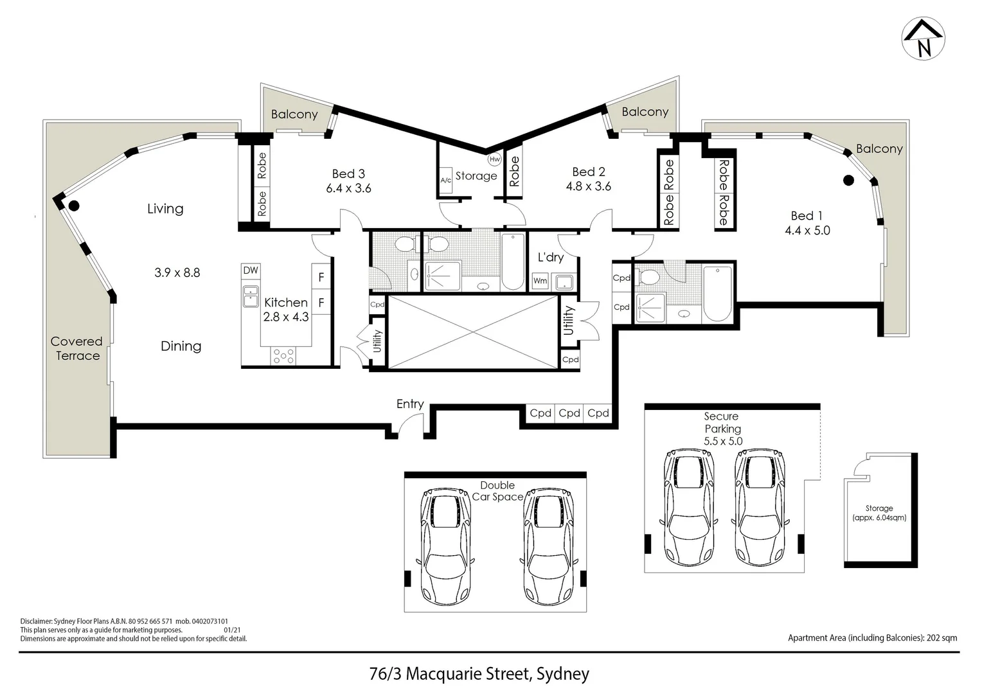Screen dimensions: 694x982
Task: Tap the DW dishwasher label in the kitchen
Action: click(x=250, y=271)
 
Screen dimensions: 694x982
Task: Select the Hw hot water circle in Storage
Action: click(x=494, y=159)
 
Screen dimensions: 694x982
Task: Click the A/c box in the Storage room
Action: click(x=445, y=181)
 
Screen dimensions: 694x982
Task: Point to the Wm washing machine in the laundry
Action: click(x=540, y=281)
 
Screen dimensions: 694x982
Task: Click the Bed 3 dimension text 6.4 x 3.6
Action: click(x=348, y=188)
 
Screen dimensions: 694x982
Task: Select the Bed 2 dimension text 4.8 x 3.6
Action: click(x=588, y=186)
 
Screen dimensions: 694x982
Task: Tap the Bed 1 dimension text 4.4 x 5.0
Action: click(x=807, y=231)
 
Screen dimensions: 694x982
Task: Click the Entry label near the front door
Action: click(x=409, y=404)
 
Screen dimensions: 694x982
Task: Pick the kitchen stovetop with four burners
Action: click(x=283, y=355)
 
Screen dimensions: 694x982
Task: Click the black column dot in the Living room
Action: click(x=74, y=206)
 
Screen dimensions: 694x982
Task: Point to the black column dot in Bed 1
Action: click(x=848, y=181)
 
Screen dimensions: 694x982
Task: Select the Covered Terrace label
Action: click(x=76, y=348)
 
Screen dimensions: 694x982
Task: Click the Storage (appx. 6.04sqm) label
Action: click(x=879, y=512)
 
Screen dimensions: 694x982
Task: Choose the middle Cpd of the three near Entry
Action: click(x=569, y=413)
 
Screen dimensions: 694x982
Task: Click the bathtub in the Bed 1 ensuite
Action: click(x=717, y=294)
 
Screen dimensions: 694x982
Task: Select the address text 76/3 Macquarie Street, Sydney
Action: click(x=479, y=673)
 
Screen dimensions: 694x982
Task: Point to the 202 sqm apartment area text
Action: click(x=872, y=638)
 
